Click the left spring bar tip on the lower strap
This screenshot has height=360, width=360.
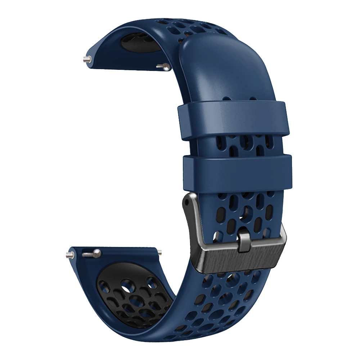point(70,255)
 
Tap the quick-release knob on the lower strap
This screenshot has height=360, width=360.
point(92,253)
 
